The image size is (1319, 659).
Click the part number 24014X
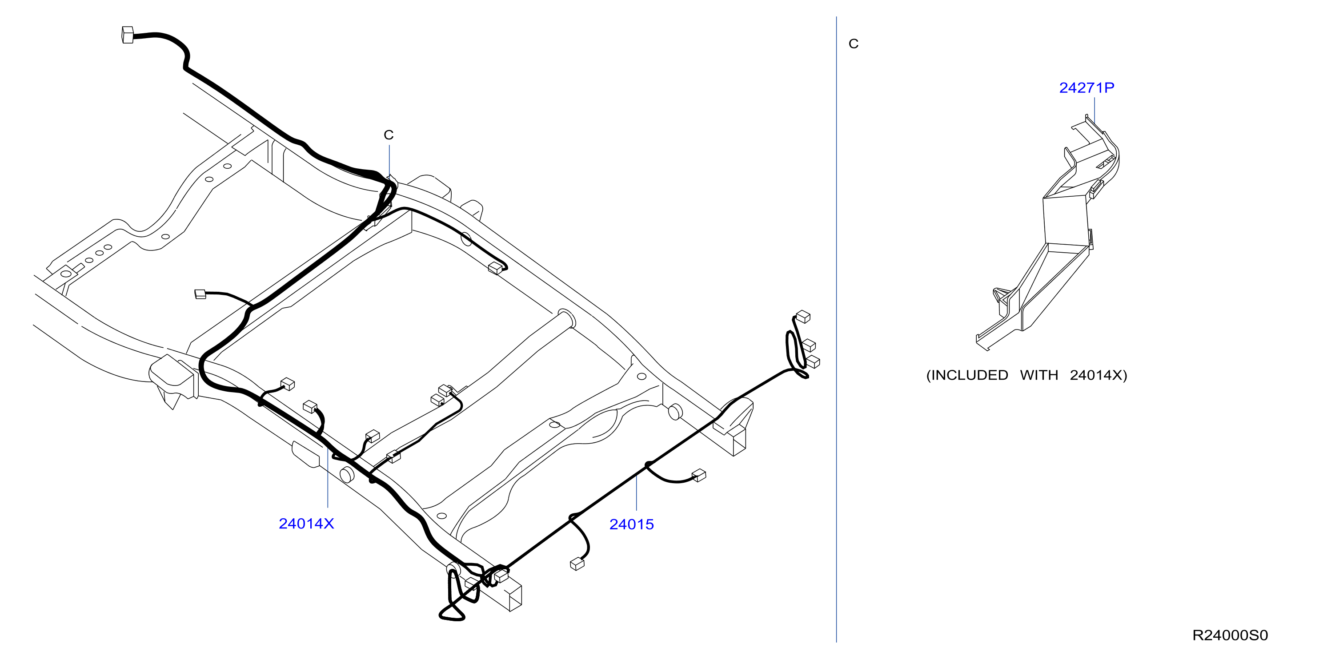point(306,524)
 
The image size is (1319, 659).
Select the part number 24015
point(631,524)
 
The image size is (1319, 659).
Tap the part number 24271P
point(1086,87)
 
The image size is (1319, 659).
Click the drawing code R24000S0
point(1230,635)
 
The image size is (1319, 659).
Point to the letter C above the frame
point(389,135)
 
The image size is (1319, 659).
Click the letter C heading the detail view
point(853,44)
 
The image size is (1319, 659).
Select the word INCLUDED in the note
point(969,375)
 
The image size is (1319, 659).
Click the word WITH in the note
point(1039,375)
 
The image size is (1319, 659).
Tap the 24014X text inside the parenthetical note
point(1096,375)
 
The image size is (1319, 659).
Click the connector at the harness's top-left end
point(128,35)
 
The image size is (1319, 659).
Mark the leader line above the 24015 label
point(637,492)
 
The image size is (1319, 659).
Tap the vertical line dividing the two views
point(837,329)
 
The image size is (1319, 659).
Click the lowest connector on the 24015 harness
point(577,564)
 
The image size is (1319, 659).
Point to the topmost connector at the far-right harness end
point(803,317)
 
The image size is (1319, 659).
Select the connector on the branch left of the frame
point(200,294)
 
